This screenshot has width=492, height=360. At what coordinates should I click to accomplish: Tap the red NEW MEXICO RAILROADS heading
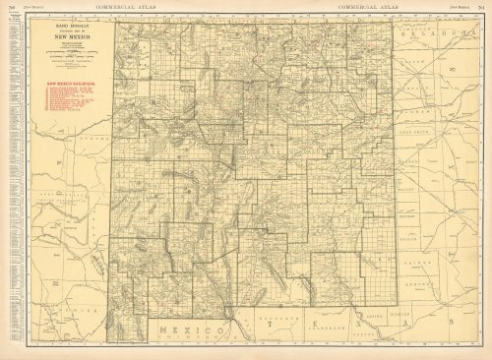point(69,85)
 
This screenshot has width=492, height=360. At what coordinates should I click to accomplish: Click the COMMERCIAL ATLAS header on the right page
point(366,6)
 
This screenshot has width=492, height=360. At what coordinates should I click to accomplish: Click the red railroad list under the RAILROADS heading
point(69,104)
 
